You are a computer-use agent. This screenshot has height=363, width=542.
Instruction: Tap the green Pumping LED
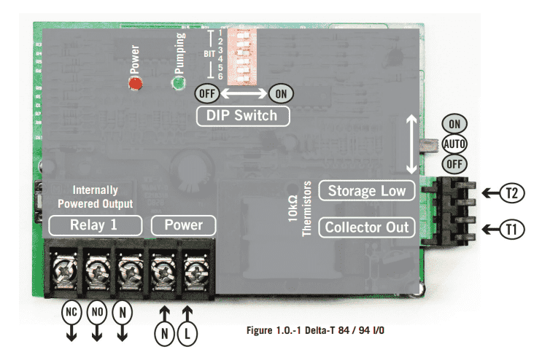pyautogui.click(x=177, y=85)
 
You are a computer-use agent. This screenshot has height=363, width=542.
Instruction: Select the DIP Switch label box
pyautogui.click(x=242, y=115)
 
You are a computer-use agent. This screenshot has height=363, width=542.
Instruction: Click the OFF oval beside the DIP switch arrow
pyautogui.click(x=206, y=93)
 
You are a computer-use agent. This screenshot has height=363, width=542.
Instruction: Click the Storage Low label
pyautogui.click(x=367, y=191)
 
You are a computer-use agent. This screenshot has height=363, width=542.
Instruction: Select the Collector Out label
pyautogui.click(x=367, y=227)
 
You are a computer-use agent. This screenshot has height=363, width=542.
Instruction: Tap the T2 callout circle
pyautogui.click(x=512, y=193)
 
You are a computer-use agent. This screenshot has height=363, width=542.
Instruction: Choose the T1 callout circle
pyautogui.click(x=512, y=230)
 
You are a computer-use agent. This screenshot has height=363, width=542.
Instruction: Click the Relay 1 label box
pyautogui.click(x=93, y=225)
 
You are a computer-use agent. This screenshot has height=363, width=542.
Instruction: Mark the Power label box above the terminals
pyautogui.click(x=183, y=225)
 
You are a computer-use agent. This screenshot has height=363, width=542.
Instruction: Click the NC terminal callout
pyautogui.click(x=71, y=313)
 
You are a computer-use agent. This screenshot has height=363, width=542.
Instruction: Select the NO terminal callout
pyautogui.click(x=97, y=313)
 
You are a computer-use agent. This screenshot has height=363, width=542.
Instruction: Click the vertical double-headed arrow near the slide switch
pyautogui.click(x=412, y=141)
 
